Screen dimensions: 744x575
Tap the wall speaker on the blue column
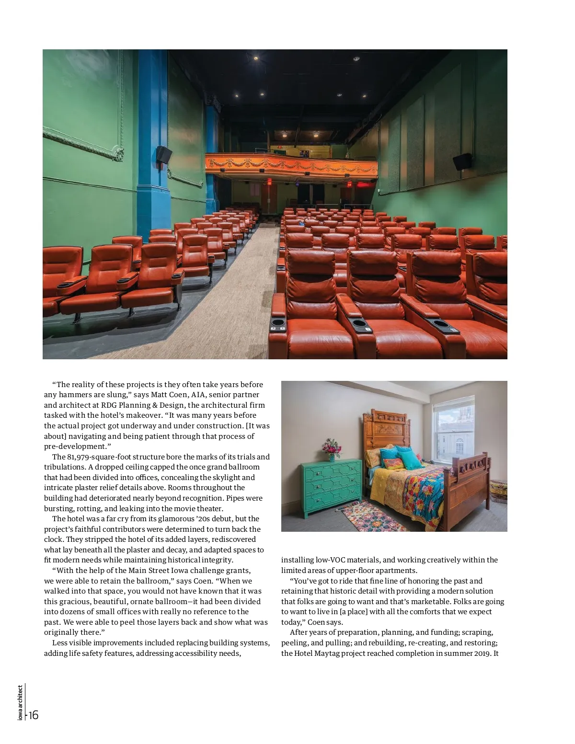click(164, 153)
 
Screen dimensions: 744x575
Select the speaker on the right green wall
click(462, 162)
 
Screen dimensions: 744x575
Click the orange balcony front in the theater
click(291, 164)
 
